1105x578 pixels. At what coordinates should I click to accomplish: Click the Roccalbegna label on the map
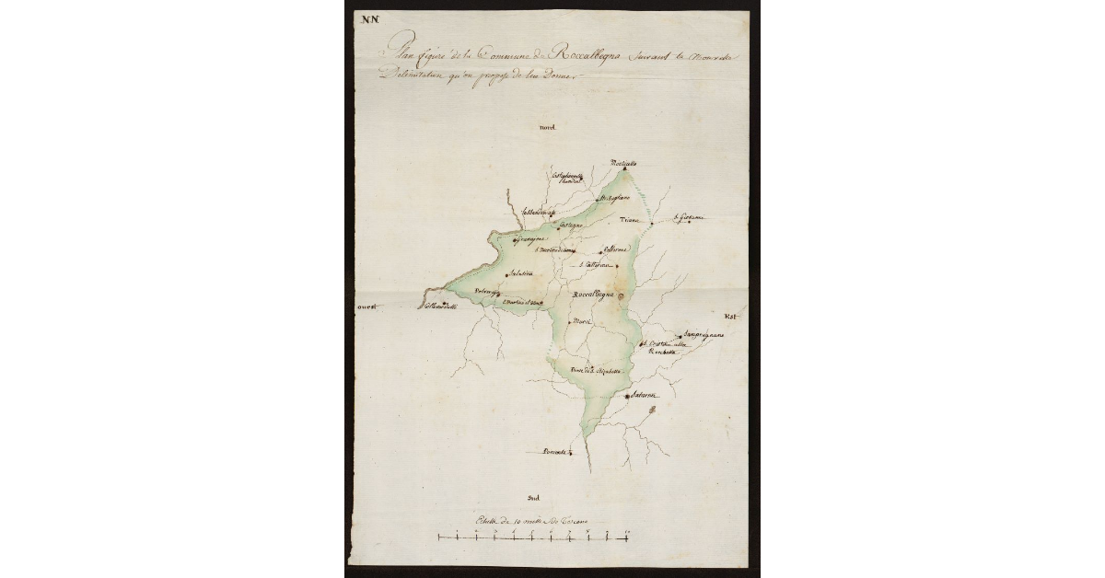[592, 295]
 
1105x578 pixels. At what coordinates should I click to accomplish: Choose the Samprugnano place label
[704, 334]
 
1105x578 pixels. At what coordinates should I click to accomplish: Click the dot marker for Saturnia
[627, 396]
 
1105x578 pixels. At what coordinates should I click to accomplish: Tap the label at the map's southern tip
[553, 452]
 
